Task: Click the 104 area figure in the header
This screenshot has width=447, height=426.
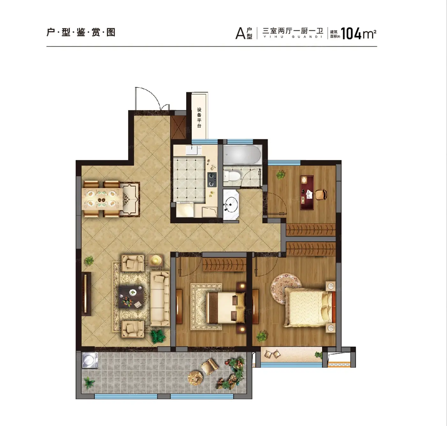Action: pos(351,34)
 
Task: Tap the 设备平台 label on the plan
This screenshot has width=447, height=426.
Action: pos(199,118)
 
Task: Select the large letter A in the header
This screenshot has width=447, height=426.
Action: pos(240,34)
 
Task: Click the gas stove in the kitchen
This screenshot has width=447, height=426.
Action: pos(212,180)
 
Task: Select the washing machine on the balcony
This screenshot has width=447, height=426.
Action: pos(90,360)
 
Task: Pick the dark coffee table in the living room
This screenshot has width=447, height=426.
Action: pos(132,297)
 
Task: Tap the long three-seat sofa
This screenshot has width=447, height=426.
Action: pos(160,299)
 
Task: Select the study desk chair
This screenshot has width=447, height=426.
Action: pos(321,194)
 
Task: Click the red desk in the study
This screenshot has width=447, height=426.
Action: pos(307,193)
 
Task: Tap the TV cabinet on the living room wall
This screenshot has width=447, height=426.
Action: pos(86,294)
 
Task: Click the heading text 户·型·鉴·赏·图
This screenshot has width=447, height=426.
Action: pos(81,32)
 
